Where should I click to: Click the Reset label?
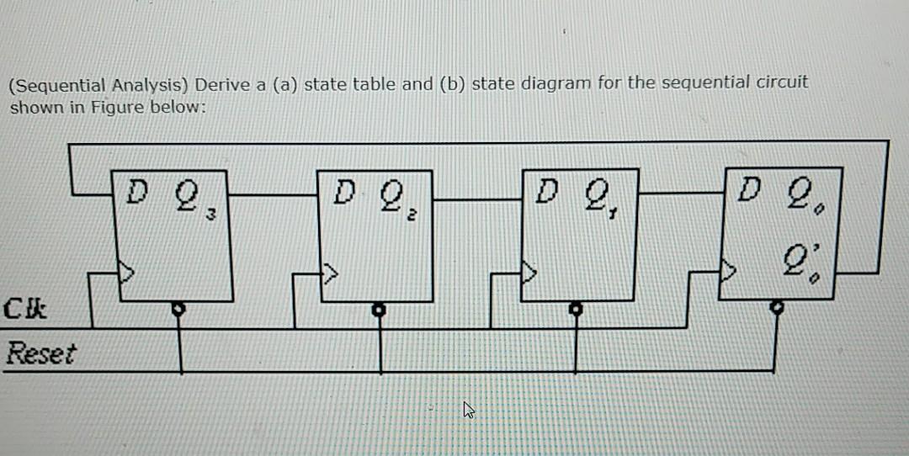[40, 353]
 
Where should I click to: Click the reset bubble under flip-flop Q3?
[178, 308]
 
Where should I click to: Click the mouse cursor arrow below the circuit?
[468, 411]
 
